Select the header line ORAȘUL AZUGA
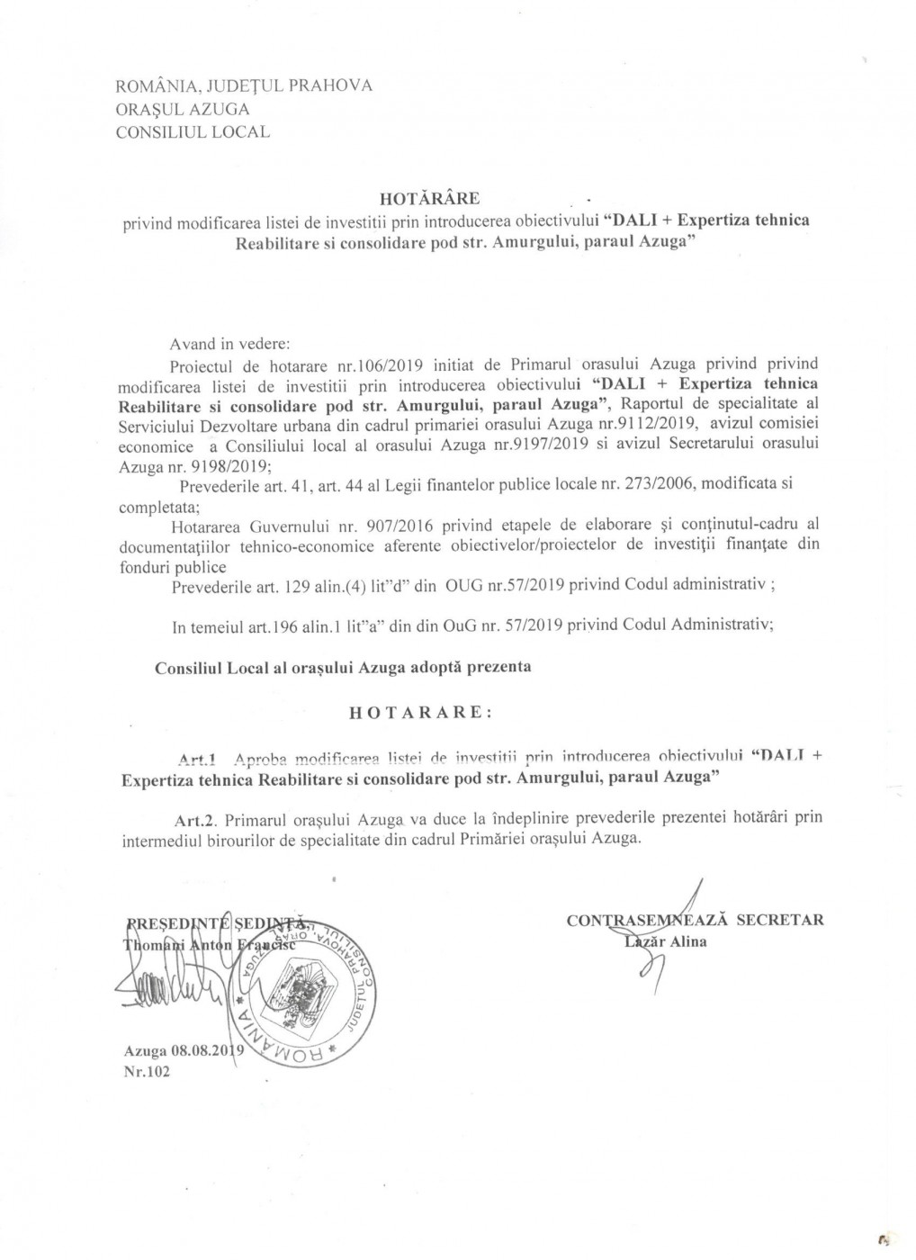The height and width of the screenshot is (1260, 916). point(184,109)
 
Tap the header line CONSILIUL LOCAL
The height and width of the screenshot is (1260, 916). point(193,131)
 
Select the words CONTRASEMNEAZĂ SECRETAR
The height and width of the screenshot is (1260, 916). point(696,920)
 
